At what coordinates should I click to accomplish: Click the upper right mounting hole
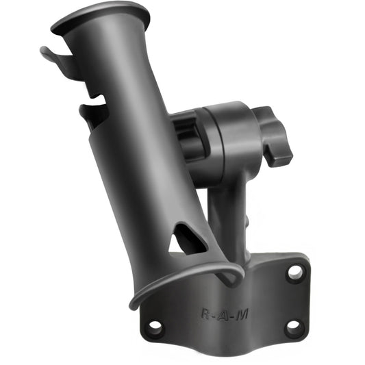click(x=295, y=273)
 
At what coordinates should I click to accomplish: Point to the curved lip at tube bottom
click(x=185, y=281)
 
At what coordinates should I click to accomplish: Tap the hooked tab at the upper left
click(x=51, y=55)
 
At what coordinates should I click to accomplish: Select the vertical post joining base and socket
click(x=226, y=212)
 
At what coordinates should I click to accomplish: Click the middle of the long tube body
click(x=137, y=137)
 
